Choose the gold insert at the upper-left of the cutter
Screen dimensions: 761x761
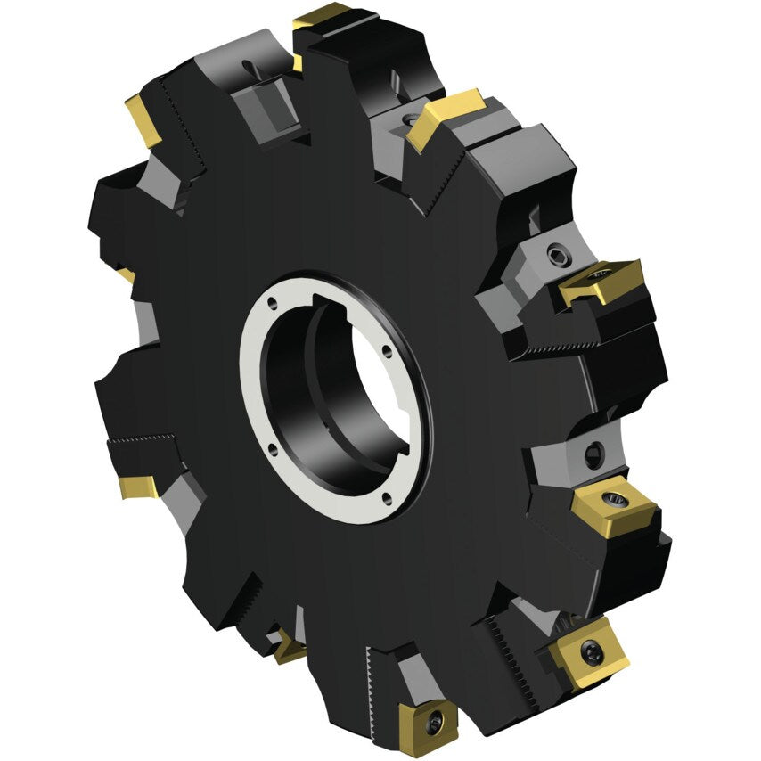[x=142, y=118]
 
